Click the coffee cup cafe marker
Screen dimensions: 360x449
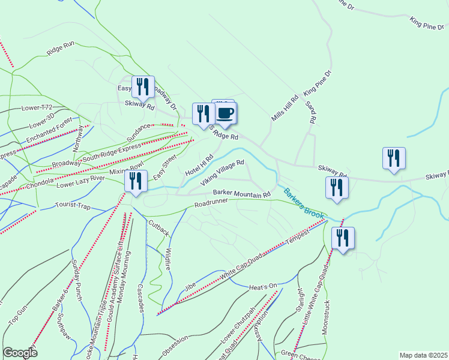(x=225, y=113)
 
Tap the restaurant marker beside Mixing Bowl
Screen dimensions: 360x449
(x=136, y=181)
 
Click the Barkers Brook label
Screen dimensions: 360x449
(x=304, y=205)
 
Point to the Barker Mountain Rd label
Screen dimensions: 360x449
(x=241, y=193)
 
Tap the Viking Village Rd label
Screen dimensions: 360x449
(x=223, y=172)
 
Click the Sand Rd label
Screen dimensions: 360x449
(x=311, y=112)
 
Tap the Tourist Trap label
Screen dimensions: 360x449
(x=73, y=206)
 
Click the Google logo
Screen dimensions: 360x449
(x=20, y=353)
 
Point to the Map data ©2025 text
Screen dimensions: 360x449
(x=423, y=355)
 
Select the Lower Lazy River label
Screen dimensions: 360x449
(x=80, y=182)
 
